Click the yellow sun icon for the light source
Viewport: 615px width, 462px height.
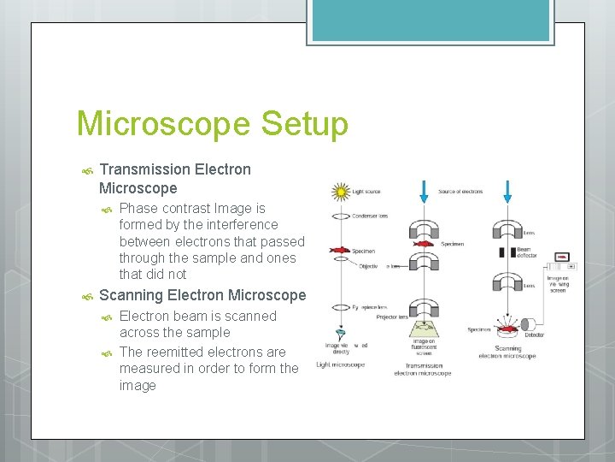pyautogui.click(x=342, y=192)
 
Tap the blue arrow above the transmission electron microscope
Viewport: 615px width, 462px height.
pyautogui.click(x=424, y=192)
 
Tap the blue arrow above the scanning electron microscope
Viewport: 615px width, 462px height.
pyautogui.click(x=507, y=192)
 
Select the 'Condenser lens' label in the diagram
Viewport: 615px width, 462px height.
pyautogui.click(x=371, y=216)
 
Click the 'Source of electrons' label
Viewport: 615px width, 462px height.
pyautogui.click(x=461, y=192)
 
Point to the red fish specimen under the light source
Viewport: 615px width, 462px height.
pyautogui.click(x=340, y=251)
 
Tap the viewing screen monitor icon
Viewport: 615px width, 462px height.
pyautogui.click(x=561, y=257)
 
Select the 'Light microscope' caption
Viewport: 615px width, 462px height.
pyautogui.click(x=340, y=365)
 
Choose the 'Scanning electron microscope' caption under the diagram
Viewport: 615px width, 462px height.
pyautogui.click(x=507, y=352)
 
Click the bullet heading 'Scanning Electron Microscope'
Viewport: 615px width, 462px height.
pyautogui.click(x=202, y=295)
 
